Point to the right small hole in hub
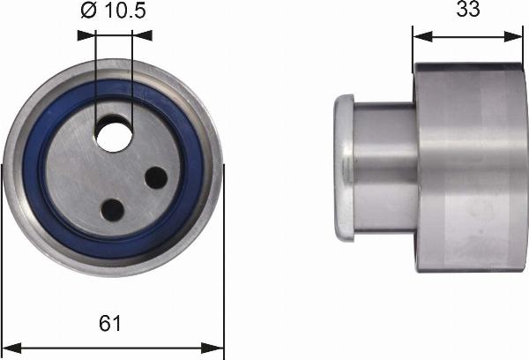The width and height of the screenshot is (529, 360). tap(157, 177)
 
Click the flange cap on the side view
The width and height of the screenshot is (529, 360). tap(344, 168)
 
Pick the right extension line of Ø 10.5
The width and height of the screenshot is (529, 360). tap(131, 79)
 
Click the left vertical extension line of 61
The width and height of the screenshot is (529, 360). tap(4, 265)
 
